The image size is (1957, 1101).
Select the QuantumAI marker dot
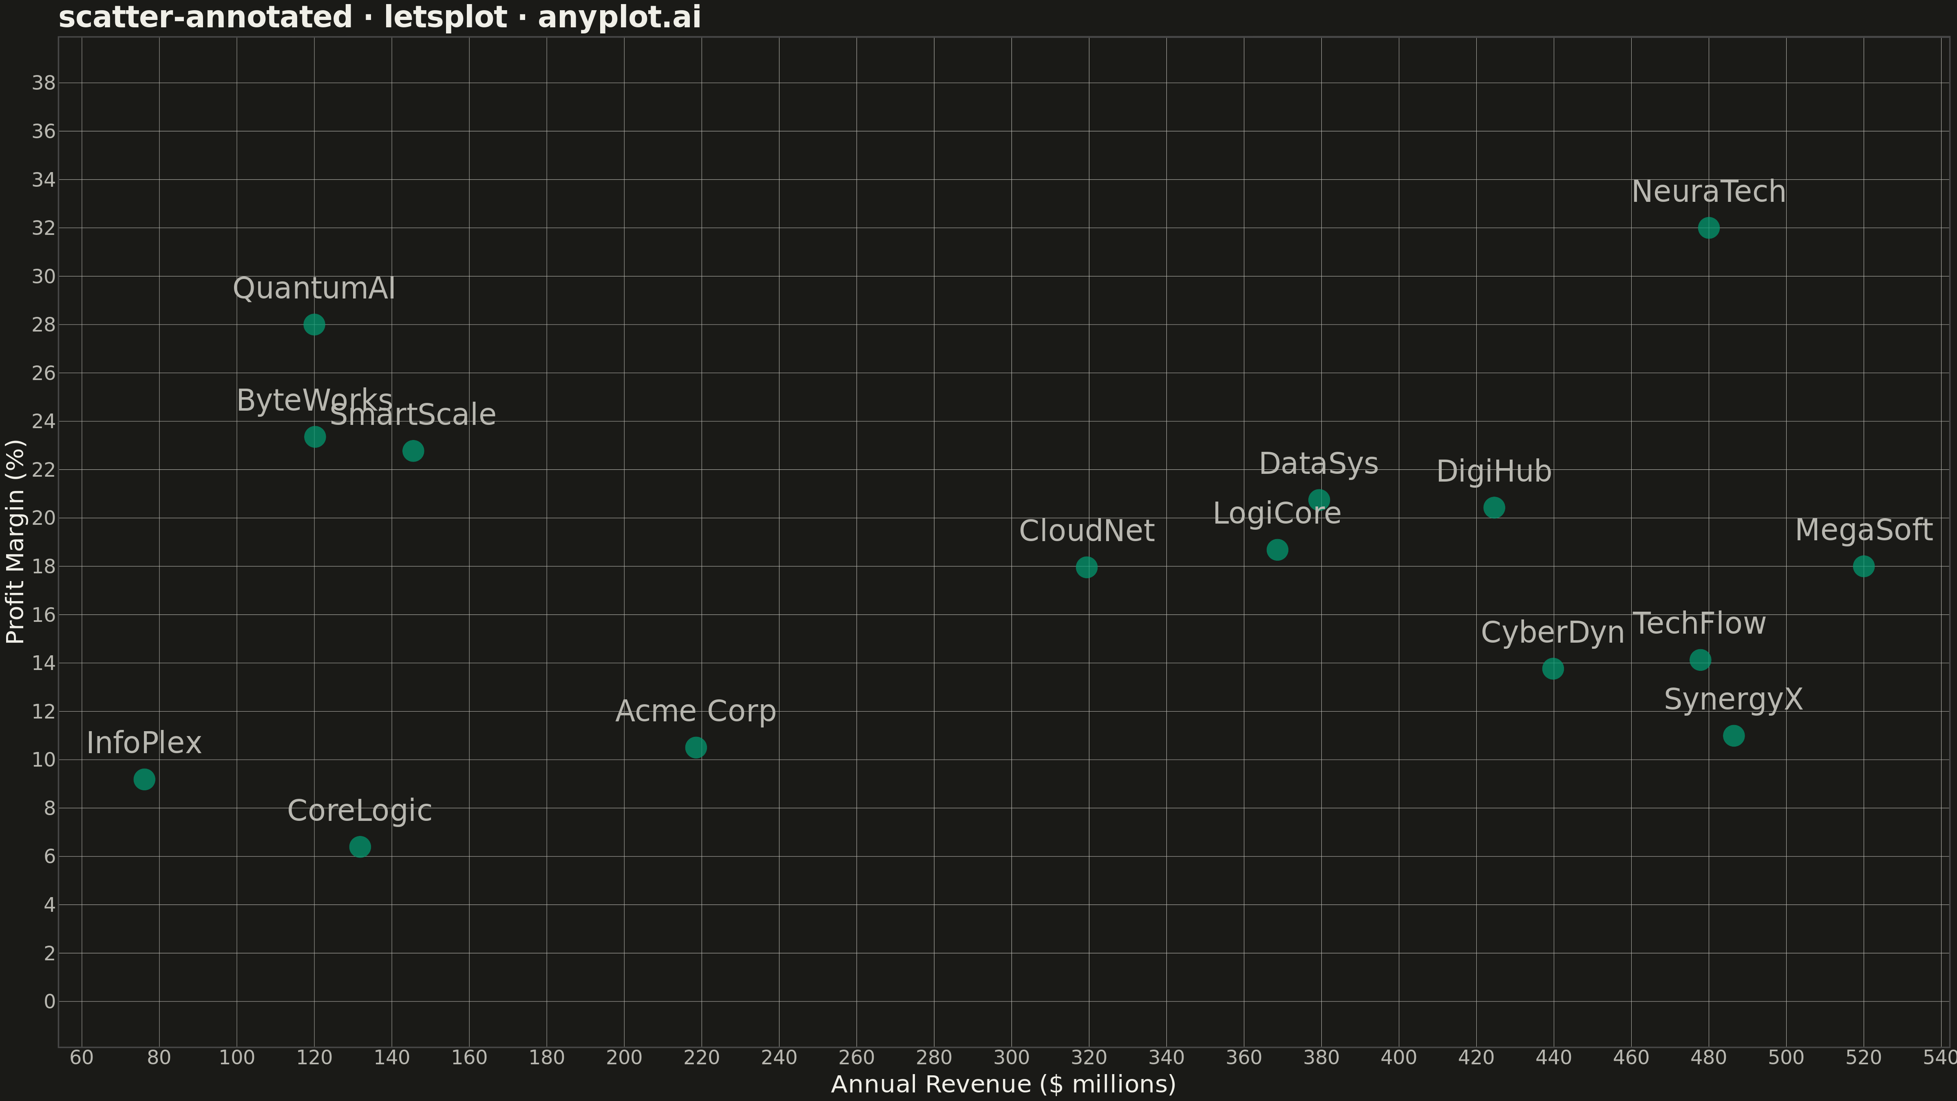point(314,325)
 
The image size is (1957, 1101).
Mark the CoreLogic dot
point(360,847)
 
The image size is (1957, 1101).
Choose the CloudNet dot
point(1087,567)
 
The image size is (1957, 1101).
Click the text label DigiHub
point(1493,472)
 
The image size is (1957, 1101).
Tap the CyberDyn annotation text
point(1553,633)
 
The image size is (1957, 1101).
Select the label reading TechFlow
point(1699,624)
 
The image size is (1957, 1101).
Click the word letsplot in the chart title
point(445,17)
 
